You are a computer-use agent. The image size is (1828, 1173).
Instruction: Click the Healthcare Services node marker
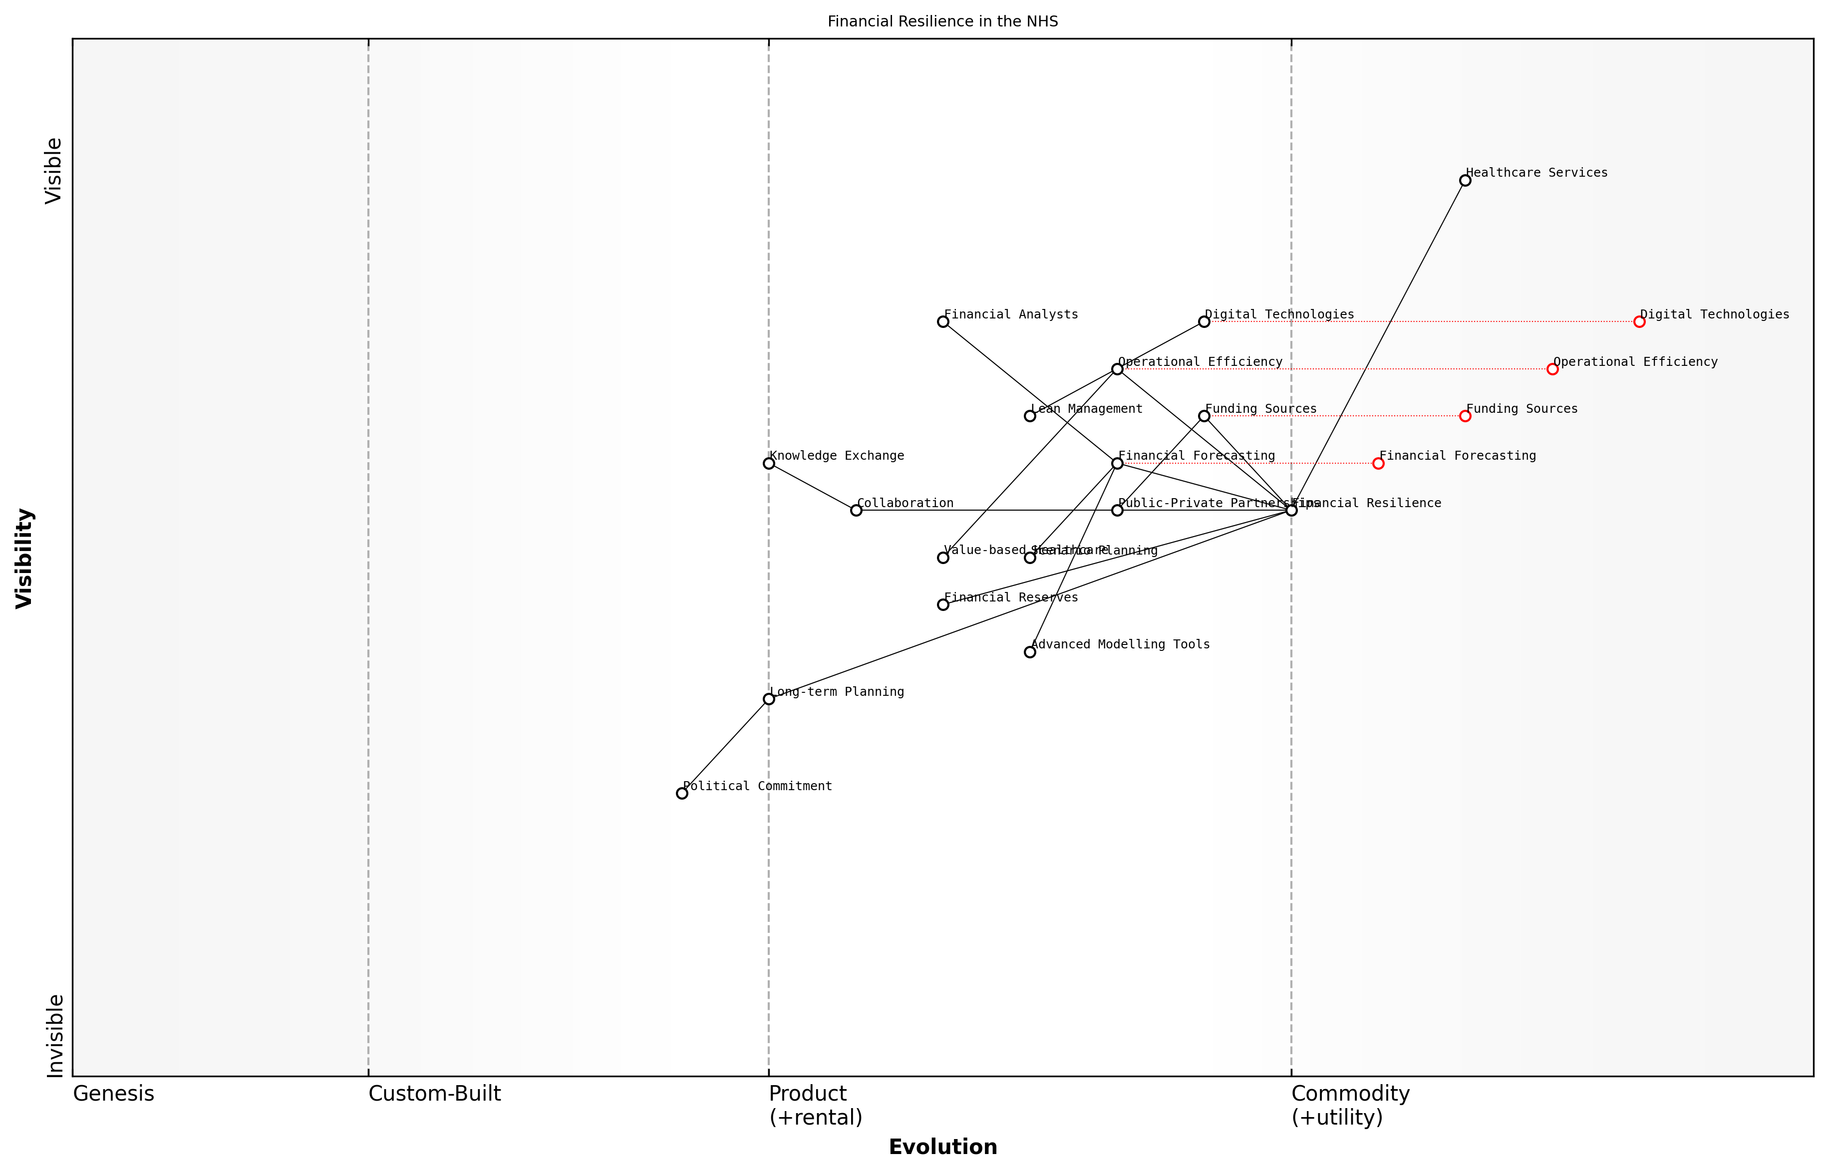pyautogui.click(x=1465, y=181)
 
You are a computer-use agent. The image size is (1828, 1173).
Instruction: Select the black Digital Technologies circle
pyautogui.click(x=1204, y=321)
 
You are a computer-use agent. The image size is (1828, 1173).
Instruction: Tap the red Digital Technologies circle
pyautogui.click(x=1639, y=321)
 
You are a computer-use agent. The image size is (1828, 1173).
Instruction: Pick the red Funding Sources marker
pyautogui.click(x=1465, y=416)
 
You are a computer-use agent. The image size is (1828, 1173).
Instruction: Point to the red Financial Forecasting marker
pyautogui.click(x=1378, y=463)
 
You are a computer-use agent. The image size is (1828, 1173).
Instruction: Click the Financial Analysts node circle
pyautogui.click(x=943, y=321)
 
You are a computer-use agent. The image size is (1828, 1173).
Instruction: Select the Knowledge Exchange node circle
pyautogui.click(x=769, y=463)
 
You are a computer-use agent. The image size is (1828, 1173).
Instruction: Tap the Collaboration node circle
pyautogui.click(x=856, y=510)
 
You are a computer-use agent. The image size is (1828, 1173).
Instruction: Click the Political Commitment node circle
pyautogui.click(x=682, y=793)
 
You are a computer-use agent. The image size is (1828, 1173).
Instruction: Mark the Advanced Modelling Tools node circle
pyautogui.click(x=1030, y=652)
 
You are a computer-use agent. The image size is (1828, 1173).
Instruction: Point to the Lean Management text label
pyautogui.click(x=1086, y=409)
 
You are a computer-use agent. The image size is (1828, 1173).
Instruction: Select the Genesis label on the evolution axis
pyautogui.click(x=113, y=1094)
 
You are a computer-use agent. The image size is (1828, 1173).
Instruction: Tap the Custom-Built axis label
pyautogui.click(x=434, y=1094)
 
